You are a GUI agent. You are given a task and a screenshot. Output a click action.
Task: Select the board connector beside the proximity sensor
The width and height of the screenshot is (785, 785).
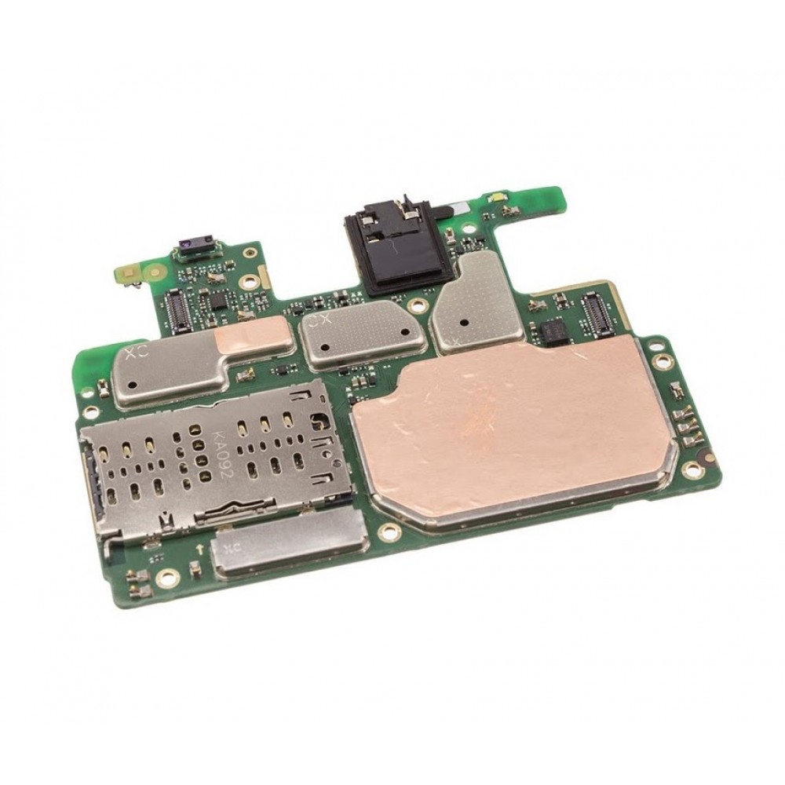(178, 308)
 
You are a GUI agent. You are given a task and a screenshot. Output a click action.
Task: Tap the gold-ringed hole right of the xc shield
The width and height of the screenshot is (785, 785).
(385, 532)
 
